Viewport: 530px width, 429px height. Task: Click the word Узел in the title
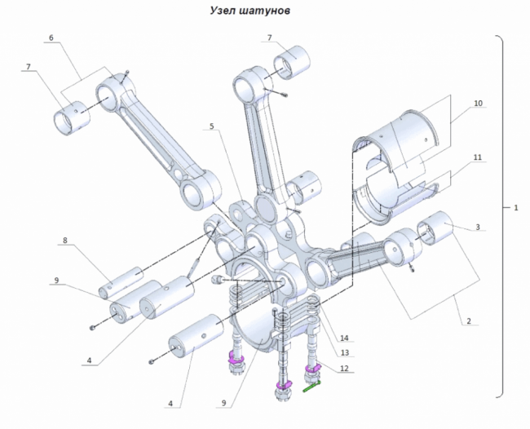(x=222, y=11)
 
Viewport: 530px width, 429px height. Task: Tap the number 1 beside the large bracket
(x=516, y=208)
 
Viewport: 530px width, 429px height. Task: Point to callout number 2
(x=469, y=321)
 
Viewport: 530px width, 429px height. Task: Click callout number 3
(x=478, y=228)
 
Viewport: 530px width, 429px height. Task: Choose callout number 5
(x=212, y=126)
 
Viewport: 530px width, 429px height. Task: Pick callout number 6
(x=51, y=38)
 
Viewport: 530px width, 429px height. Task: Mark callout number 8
(x=65, y=241)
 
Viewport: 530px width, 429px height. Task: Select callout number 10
(x=478, y=103)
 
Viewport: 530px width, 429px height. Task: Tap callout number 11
(x=477, y=157)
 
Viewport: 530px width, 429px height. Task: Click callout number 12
(x=344, y=368)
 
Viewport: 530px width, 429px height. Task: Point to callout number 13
(x=344, y=352)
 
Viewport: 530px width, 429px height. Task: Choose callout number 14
(x=344, y=338)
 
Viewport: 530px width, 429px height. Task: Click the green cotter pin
(x=311, y=386)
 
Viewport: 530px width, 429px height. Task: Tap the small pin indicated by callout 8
(x=121, y=281)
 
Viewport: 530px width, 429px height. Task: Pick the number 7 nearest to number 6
(x=29, y=67)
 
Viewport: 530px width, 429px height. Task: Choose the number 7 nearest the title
(x=269, y=38)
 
